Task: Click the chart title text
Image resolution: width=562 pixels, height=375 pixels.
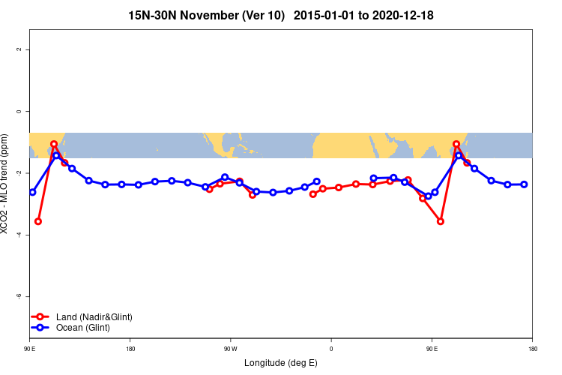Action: (x=281, y=15)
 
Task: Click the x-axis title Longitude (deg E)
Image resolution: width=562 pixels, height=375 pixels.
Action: (x=281, y=363)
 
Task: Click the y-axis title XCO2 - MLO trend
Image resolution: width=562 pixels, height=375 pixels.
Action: (x=6, y=184)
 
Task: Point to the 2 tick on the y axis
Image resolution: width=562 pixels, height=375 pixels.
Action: (x=19, y=49)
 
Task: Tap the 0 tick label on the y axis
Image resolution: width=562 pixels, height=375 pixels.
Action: (x=19, y=111)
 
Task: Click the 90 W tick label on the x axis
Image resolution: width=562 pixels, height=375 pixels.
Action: (x=230, y=349)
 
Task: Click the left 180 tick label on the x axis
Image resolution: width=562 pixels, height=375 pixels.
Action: (x=130, y=349)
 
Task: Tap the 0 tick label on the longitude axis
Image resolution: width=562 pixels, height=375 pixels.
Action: (x=330, y=349)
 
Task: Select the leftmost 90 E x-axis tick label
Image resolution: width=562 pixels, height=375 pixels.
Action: (x=29, y=349)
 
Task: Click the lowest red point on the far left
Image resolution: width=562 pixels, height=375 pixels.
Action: (x=38, y=221)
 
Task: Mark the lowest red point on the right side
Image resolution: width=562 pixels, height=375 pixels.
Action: (x=441, y=221)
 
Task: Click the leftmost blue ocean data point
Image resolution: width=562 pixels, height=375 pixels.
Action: (x=32, y=192)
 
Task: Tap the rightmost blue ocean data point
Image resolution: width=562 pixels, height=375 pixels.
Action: (x=524, y=184)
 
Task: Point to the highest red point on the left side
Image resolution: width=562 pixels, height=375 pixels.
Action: (x=54, y=144)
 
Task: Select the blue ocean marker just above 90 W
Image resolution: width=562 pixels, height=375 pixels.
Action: (x=225, y=177)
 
